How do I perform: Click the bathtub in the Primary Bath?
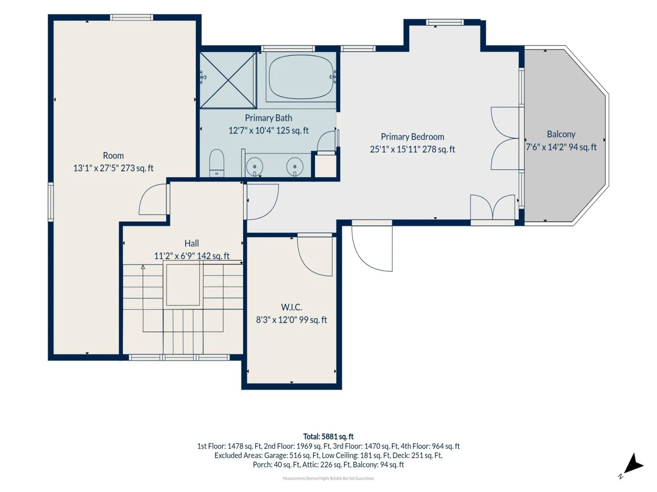coord(301,77)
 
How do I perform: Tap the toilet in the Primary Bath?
coord(217,163)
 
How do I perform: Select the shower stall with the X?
coord(228,80)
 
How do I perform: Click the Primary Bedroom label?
coord(412,137)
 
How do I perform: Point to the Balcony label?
coord(561,134)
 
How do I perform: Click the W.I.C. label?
coord(291,307)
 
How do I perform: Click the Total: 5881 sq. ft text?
coord(328,436)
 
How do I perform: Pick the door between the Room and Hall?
coord(153,199)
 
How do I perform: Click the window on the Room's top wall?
coord(131,17)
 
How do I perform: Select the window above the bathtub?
coord(288,49)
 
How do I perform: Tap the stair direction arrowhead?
coord(143,267)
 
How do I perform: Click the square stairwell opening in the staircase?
coord(183,285)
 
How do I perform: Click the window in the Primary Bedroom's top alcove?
coord(445,22)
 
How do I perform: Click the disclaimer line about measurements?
coord(328,478)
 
